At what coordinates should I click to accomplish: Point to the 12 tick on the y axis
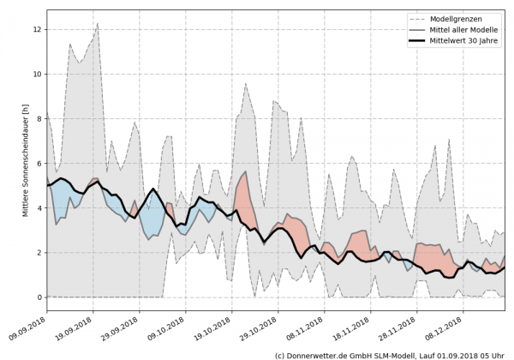[x=37, y=29]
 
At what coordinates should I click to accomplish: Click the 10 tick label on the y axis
[x=37, y=74]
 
